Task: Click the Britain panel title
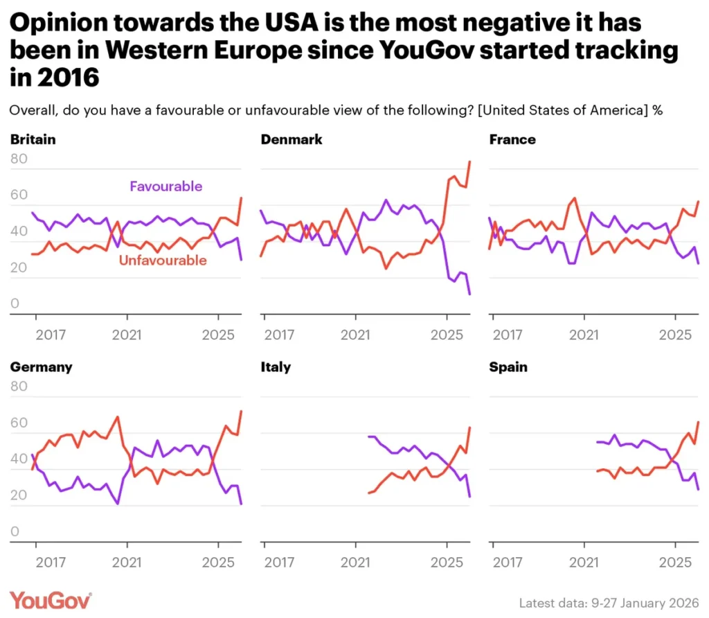33,139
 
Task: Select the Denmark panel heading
291,139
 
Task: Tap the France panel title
512,139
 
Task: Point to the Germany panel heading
41,367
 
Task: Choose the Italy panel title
276,367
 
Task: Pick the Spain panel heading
508,367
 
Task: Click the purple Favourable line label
166,186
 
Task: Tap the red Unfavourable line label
163,261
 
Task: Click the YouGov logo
51,599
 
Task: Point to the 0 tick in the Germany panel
15,532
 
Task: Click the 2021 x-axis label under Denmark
356,335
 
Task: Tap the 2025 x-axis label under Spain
675,562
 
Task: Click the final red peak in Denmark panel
470,161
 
